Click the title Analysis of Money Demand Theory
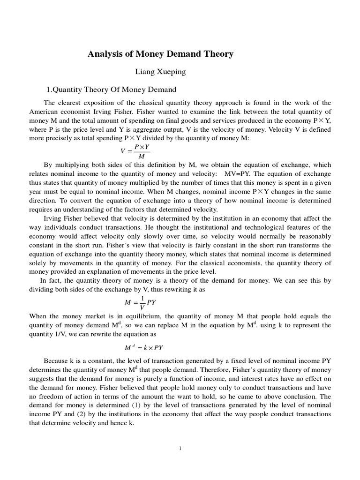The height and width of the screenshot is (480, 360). tap(160, 54)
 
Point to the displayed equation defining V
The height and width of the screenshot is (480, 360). tap(134, 151)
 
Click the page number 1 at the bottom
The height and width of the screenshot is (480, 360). tap(180, 448)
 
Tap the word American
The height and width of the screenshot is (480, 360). tap(45, 112)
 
